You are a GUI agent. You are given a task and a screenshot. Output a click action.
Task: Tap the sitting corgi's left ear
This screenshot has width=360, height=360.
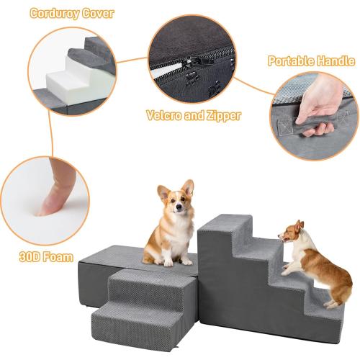[x=163, y=192]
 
